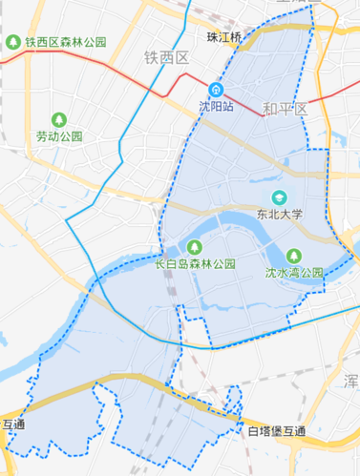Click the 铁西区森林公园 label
[66, 43]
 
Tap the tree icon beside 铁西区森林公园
[13, 43]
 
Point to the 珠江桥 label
[225, 36]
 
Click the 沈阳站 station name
[217, 107]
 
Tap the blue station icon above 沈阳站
[217, 91]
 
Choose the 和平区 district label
[286, 110]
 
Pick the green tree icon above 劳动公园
[59, 120]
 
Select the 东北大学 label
[279, 215]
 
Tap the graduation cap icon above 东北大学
[279, 197]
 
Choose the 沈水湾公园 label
[294, 272]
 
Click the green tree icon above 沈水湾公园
[294, 255]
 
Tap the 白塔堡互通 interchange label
[277, 432]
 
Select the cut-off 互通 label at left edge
[13, 424]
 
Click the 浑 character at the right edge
[352, 380]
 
